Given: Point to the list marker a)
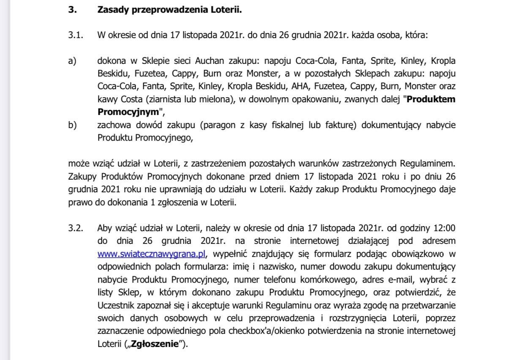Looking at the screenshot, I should click(x=72, y=61).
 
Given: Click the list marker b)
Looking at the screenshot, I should click(x=72, y=125).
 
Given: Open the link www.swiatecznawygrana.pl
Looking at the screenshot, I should click(x=151, y=254).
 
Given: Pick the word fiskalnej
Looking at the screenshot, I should click(x=275, y=125).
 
